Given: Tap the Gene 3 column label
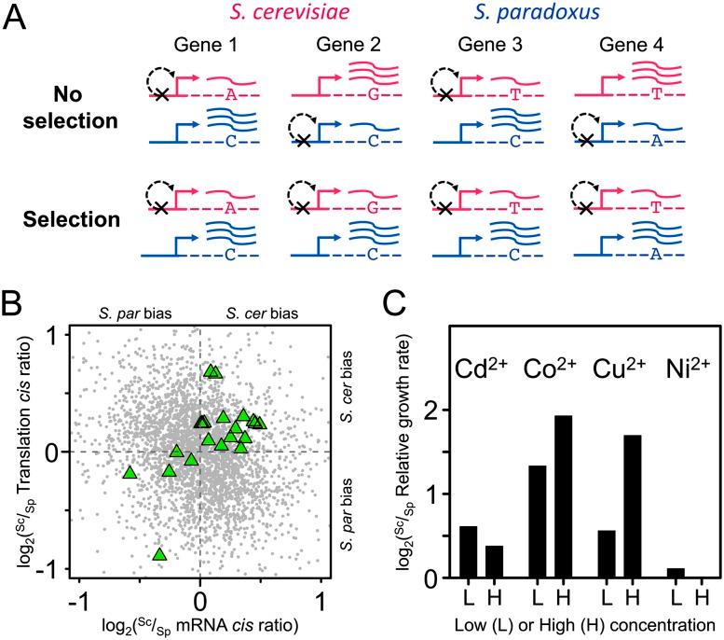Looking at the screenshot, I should (x=478, y=46).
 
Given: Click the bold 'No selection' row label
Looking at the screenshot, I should (x=85, y=107).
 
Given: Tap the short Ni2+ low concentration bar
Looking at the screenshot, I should (x=675, y=573).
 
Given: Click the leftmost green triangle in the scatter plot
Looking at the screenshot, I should (x=130, y=473).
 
